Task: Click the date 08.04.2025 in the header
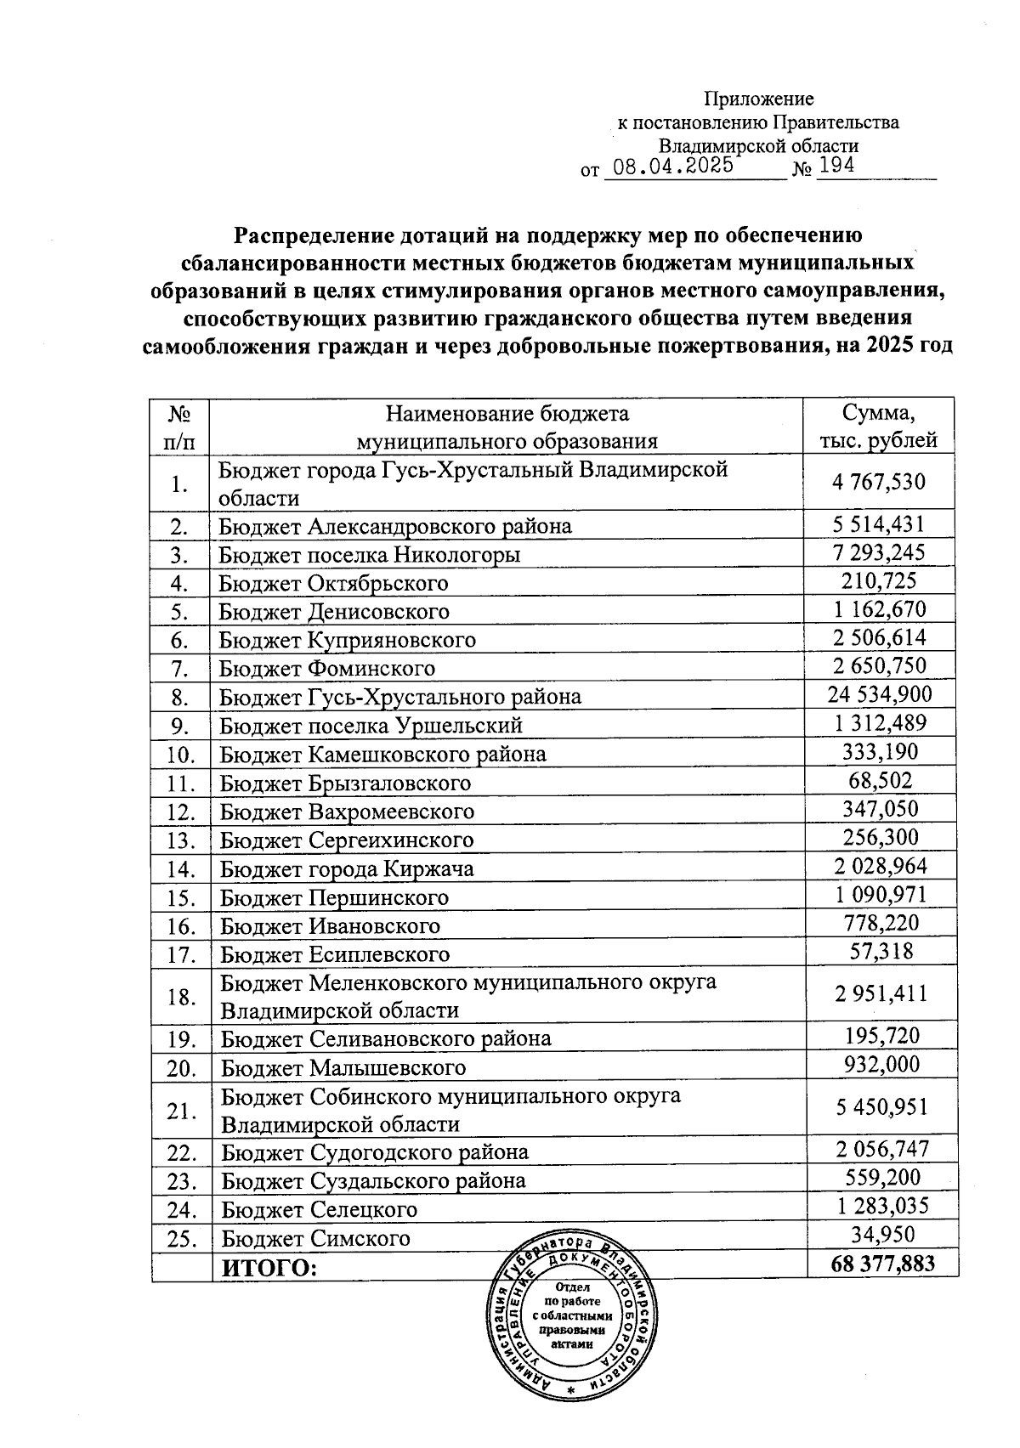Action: [x=673, y=166]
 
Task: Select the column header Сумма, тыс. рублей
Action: [x=878, y=427]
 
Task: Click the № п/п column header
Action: [x=178, y=427]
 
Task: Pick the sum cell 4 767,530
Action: [x=879, y=482]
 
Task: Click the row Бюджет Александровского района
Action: [x=395, y=526]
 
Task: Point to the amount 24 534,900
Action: [x=880, y=695]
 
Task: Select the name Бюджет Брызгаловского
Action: [x=345, y=783]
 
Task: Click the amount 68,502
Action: [x=880, y=780]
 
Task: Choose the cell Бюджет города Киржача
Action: [x=347, y=868]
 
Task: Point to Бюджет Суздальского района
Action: [x=373, y=1181]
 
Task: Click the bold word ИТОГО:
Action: [x=269, y=1268]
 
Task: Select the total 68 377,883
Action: [x=883, y=1264]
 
